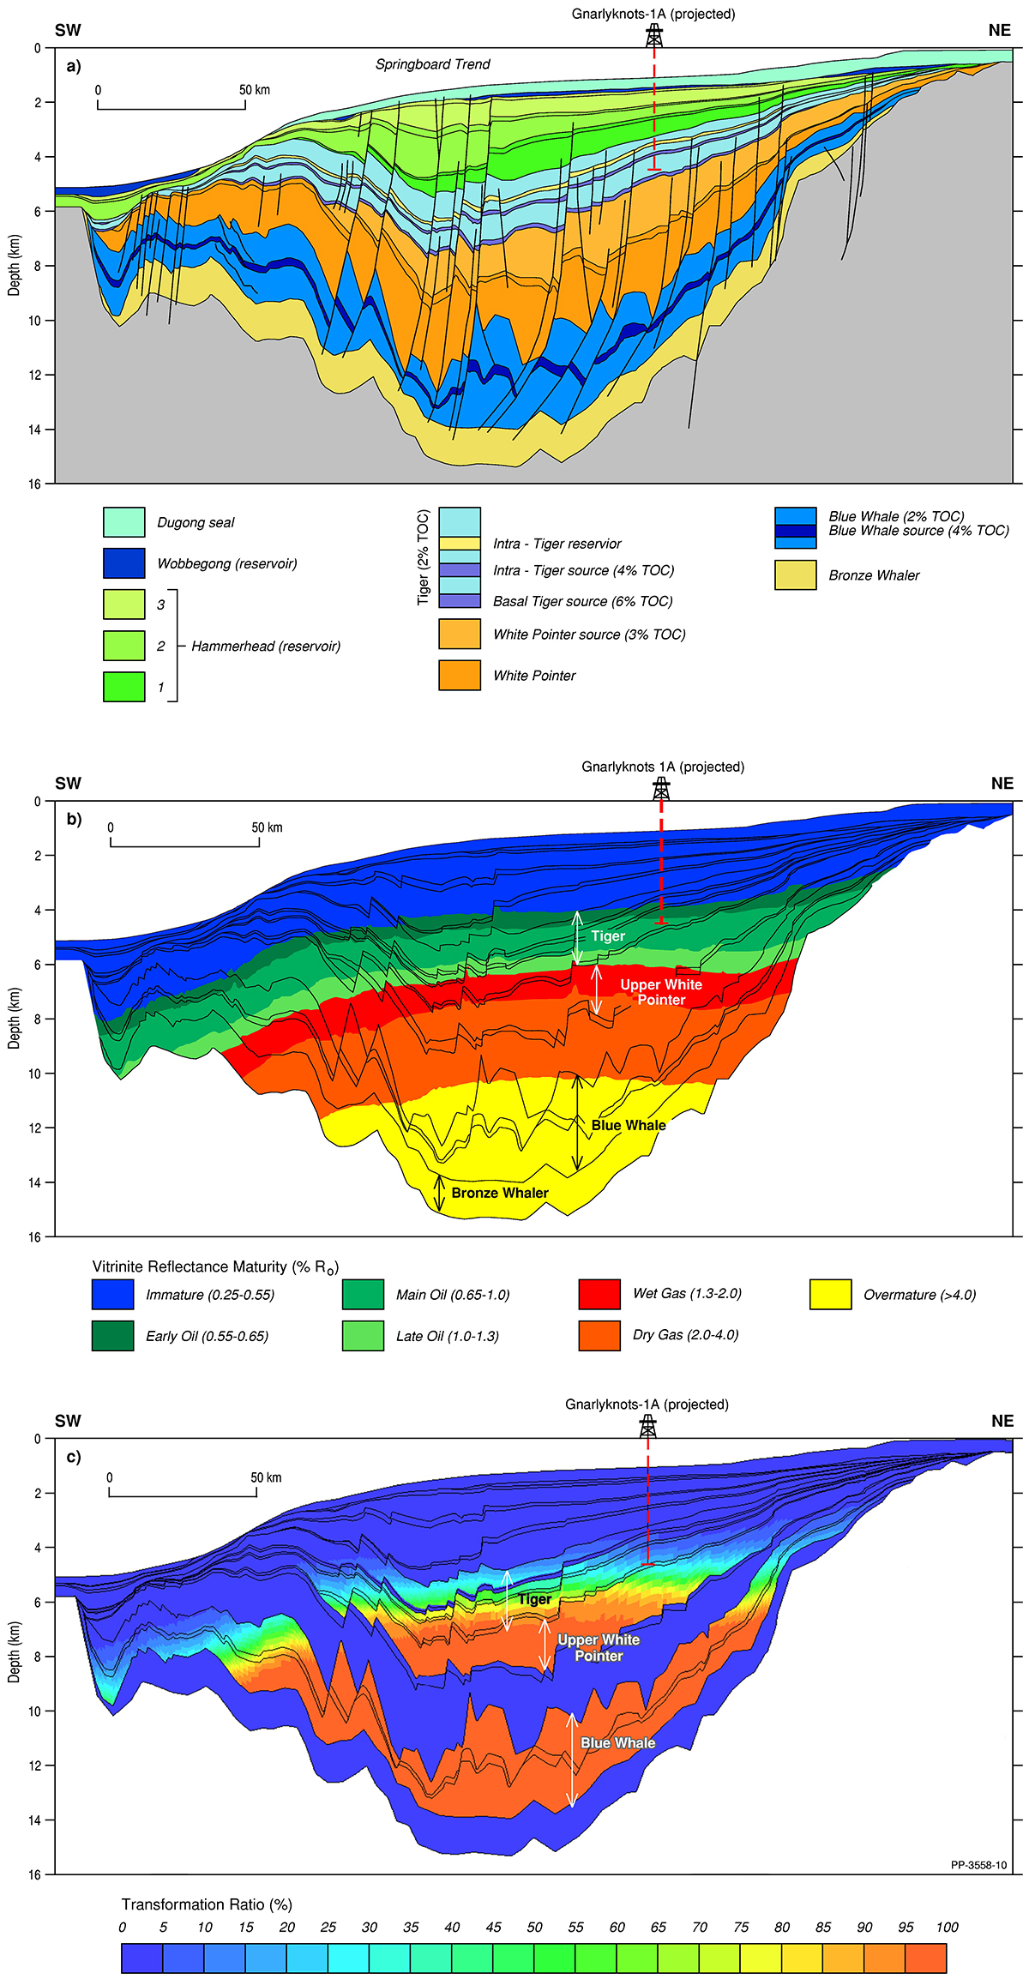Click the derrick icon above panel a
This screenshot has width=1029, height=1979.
[654, 36]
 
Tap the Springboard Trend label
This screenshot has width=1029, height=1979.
[432, 64]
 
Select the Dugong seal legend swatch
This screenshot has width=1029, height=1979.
[124, 522]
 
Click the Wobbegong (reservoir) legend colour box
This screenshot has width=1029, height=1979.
[124, 563]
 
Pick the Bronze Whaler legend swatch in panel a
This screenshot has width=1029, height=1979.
[795, 575]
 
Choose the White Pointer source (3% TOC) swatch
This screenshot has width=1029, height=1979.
[460, 635]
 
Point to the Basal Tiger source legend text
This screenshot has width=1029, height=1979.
[582, 601]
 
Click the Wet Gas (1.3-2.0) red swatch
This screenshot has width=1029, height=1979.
[599, 1294]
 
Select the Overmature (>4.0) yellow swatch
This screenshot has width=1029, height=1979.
[830, 1295]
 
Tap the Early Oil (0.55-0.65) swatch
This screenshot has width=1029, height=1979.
[113, 1336]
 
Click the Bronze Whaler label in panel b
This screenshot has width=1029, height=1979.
[500, 1193]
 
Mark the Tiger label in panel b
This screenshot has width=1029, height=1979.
[608, 936]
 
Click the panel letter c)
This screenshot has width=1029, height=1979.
[74, 1457]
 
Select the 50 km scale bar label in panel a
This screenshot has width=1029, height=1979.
[255, 90]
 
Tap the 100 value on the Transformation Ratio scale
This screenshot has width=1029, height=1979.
[947, 1927]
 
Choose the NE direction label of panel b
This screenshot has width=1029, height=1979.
[1002, 784]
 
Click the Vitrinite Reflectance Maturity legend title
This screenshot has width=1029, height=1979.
[215, 1267]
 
